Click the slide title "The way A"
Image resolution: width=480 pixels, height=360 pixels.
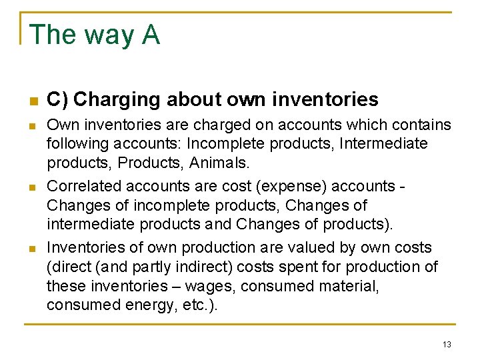(x=95, y=35)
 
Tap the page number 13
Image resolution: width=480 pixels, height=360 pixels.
(x=446, y=344)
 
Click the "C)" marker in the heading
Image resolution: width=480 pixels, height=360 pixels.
(x=57, y=100)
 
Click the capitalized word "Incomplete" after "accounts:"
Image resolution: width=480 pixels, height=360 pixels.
(x=219, y=144)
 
